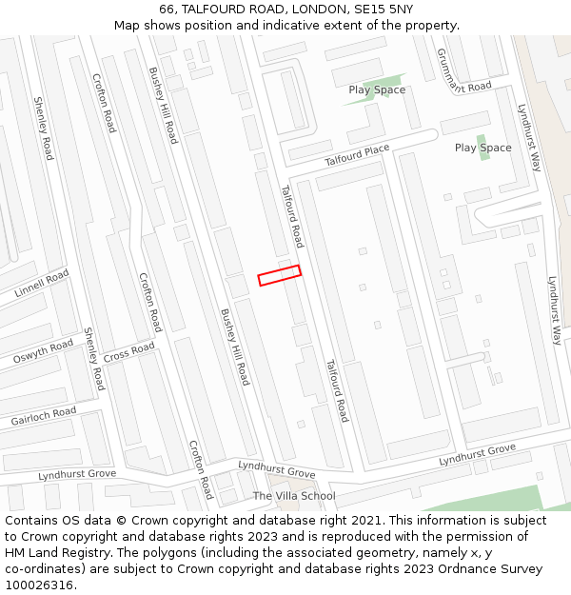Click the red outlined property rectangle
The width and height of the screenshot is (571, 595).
pos(280,275)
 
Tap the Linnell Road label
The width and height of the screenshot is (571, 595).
pos(42,283)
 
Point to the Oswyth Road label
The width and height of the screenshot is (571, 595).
pos(42,351)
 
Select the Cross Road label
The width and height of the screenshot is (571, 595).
pos(128,352)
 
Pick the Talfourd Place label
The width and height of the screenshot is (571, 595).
pos(357,155)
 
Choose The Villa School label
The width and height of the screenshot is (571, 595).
pos(294,496)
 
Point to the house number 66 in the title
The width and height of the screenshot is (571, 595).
pos(166,10)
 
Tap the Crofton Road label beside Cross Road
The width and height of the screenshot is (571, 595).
pos(150,303)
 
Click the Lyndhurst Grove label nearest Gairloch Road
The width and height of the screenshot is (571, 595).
pos(77,474)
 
